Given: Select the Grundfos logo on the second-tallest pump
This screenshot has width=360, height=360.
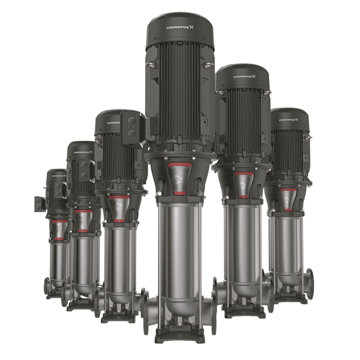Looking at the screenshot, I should click(x=242, y=76).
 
